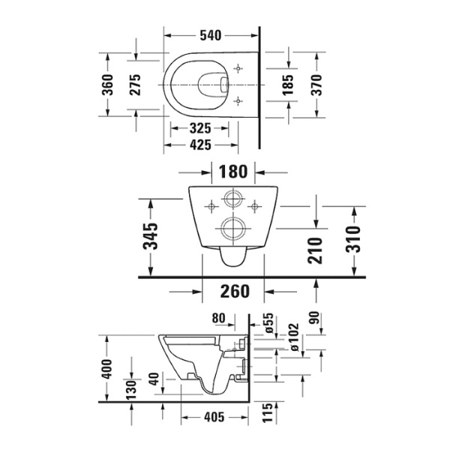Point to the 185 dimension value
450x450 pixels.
pyautogui.click(x=288, y=84)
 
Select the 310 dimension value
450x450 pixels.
pyautogui.click(x=355, y=238)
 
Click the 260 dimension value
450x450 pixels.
pyautogui.click(x=235, y=289)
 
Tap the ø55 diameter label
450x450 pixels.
pyautogui.click(x=268, y=322)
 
